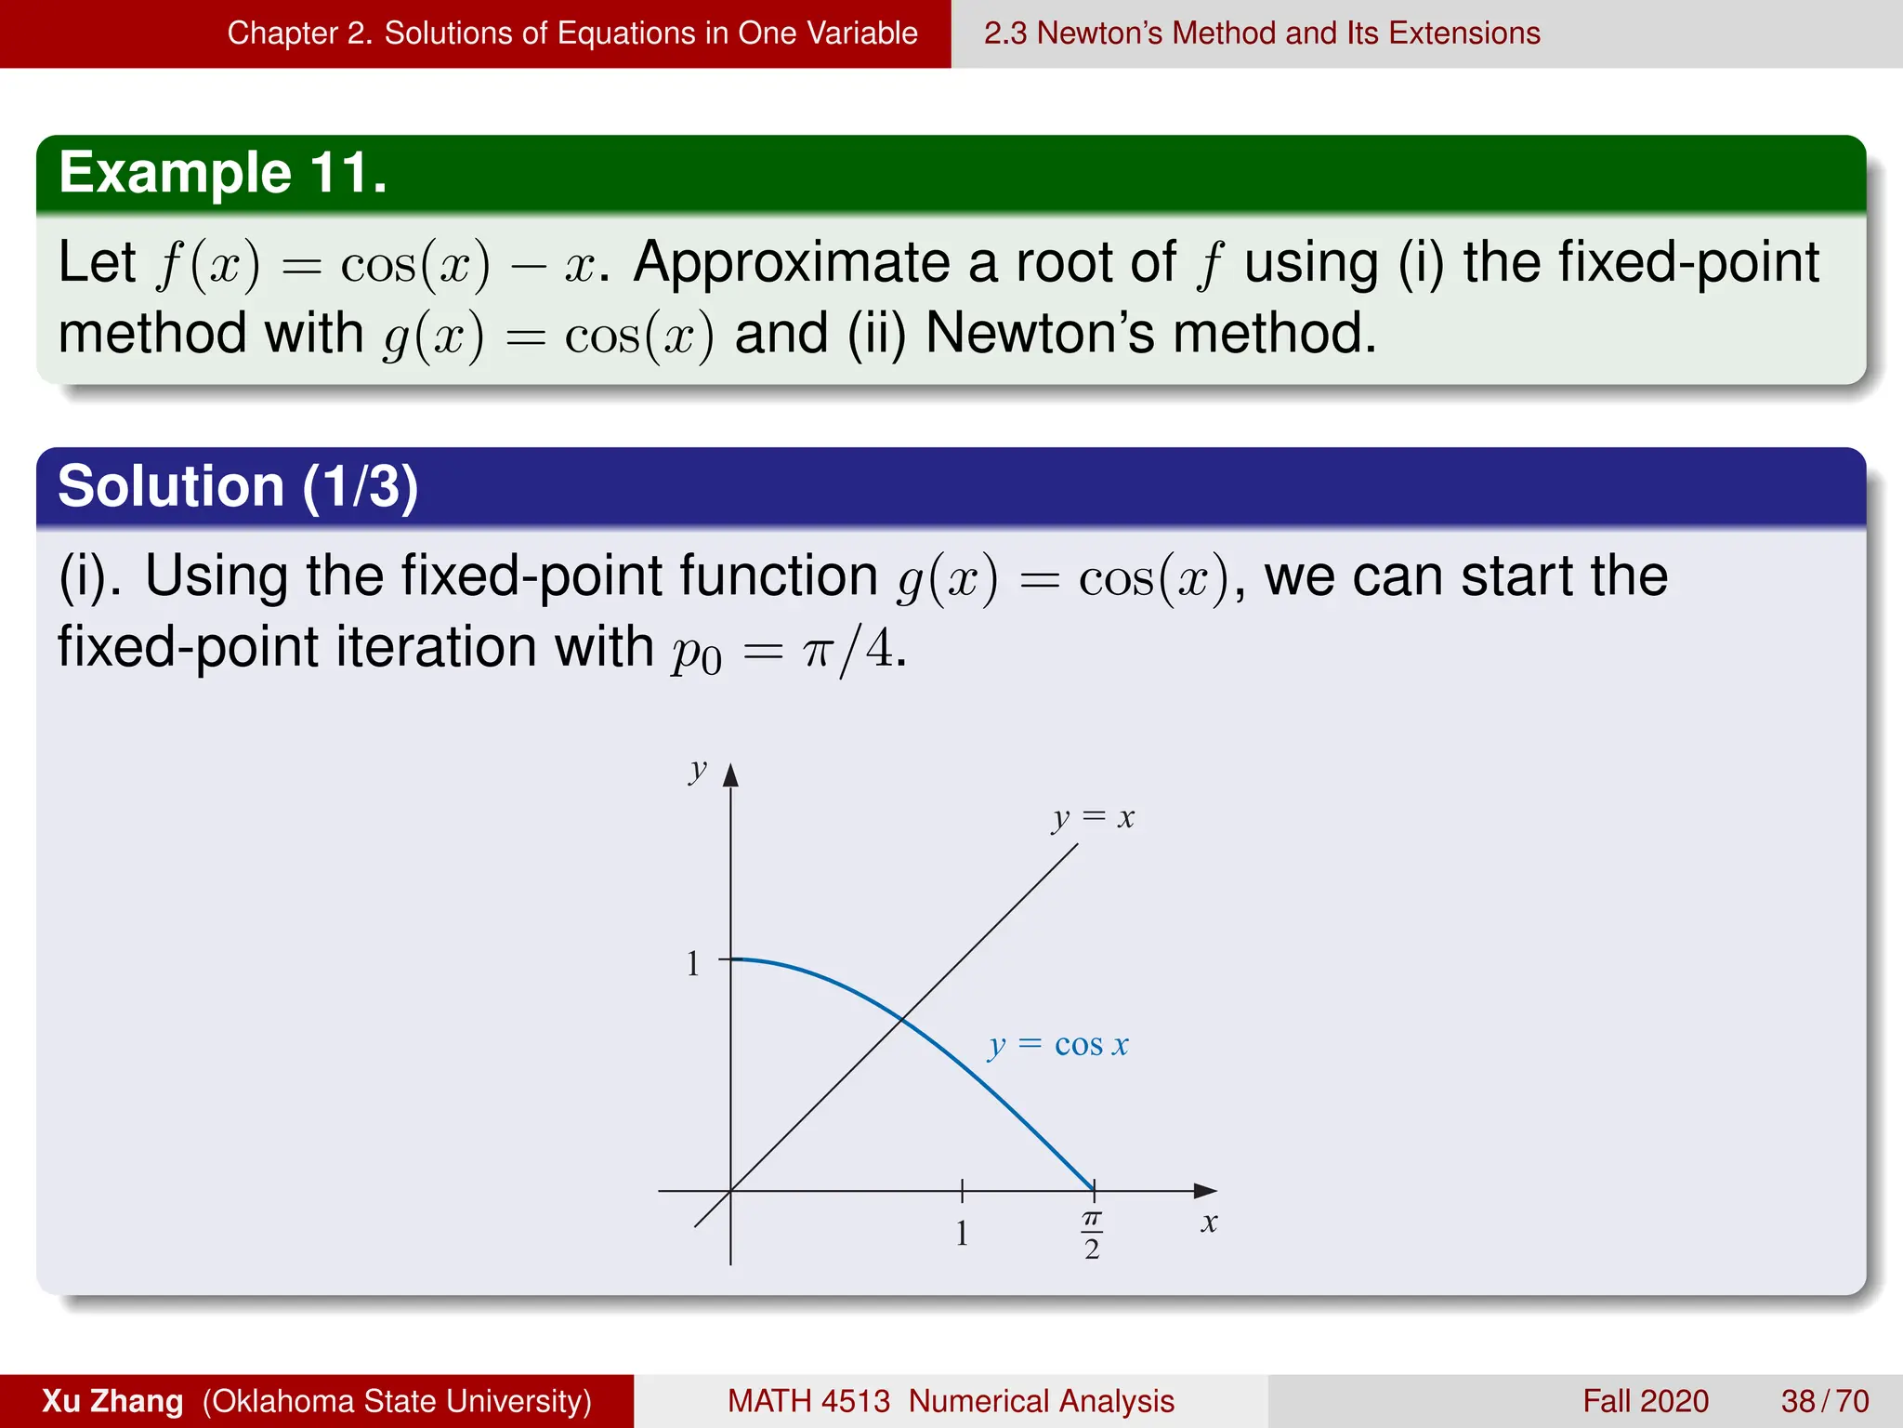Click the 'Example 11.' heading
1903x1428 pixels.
click(x=223, y=173)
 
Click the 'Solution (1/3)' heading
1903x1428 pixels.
click(x=238, y=486)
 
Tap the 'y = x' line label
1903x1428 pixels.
click(x=1094, y=818)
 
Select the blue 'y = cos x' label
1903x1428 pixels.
click(x=1058, y=1045)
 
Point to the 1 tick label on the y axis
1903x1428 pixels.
click(x=693, y=963)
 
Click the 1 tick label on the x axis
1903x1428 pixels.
click(x=962, y=1233)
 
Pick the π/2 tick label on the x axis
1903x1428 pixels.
click(x=1092, y=1235)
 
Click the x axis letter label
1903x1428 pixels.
click(x=1208, y=1222)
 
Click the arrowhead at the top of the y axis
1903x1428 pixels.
click(x=730, y=774)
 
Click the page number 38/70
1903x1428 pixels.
click(x=1824, y=1401)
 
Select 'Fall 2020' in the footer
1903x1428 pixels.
click(x=1646, y=1401)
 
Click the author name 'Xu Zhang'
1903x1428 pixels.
click(x=112, y=1401)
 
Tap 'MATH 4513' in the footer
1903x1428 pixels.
click(x=808, y=1401)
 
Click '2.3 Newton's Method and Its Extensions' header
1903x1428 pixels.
click(x=1262, y=33)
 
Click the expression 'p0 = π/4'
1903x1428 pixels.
click(x=786, y=649)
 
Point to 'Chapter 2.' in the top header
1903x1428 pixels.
click(x=299, y=33)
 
